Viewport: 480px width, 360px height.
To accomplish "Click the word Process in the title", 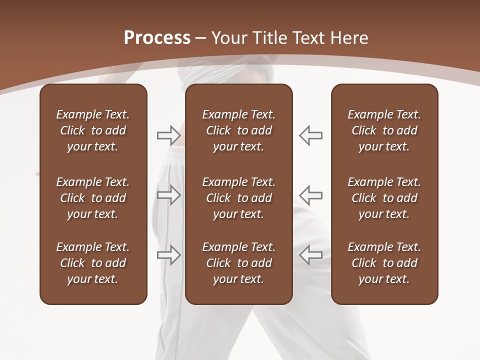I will [157, 38].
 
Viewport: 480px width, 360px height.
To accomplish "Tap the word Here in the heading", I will [349, 38].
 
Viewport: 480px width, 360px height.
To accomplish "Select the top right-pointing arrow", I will [169, 135].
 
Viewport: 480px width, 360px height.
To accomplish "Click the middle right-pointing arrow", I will [169, 195].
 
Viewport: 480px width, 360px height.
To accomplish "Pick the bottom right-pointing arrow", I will [169, 255].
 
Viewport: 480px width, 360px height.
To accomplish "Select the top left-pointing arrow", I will [310, 135].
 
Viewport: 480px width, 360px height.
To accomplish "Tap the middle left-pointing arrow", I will [310, 195].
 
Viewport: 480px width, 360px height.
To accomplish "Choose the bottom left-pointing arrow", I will [310, 255].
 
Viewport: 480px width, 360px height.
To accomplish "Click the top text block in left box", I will [93, 130].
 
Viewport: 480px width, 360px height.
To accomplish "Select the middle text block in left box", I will [93, 198].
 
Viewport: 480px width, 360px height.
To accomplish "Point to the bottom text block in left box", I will [93, 263].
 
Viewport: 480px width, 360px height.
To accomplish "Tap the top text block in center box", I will [238, 130].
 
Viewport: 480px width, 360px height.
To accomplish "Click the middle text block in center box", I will [238, 198].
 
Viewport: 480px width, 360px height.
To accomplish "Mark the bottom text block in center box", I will [238, 263].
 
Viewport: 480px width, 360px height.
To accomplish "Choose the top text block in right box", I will [384, 130].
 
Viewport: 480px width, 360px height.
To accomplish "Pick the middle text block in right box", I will [384, 198].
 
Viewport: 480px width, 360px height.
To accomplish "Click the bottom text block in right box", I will [384, 263].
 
